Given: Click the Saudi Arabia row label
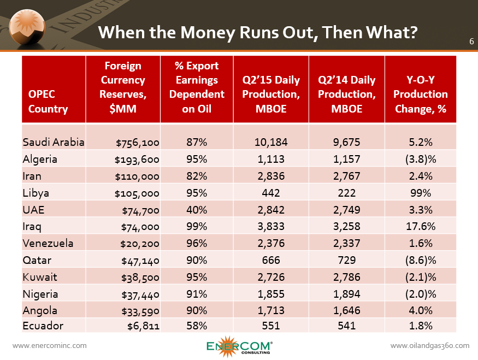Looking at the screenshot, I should pyautogui.click(x=54, y=143).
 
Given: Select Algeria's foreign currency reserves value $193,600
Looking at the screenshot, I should pyautogui.click(x=137, y=160).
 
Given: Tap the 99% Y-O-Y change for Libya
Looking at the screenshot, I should pyautogui.click(x=421, y=193).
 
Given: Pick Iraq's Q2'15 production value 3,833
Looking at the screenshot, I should pyautogui.click(x=270, y=227).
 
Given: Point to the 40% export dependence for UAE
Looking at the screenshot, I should pyautogui.click(x=197, y=210).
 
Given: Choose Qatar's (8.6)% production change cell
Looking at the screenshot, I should pyautogui.click(x=421, y=261).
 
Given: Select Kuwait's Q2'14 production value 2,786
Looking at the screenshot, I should pyautogui.click(x=346, y=278).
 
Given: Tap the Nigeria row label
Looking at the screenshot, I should pyautogui.click(x=40, y=294).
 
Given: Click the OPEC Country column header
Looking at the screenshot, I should pyautogui.click(x=48, y=102).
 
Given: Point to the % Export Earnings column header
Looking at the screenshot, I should pyautogui.click(x=197, y=87).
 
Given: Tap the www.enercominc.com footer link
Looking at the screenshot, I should pyautogui.click(x=49, y=345).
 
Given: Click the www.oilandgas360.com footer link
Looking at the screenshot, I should pyautogui.click(x=430, y=345).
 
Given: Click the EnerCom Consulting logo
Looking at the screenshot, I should pyautogui.click(x=239, y=346).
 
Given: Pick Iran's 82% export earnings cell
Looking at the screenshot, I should pyautogui.click(x=197, y=176).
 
